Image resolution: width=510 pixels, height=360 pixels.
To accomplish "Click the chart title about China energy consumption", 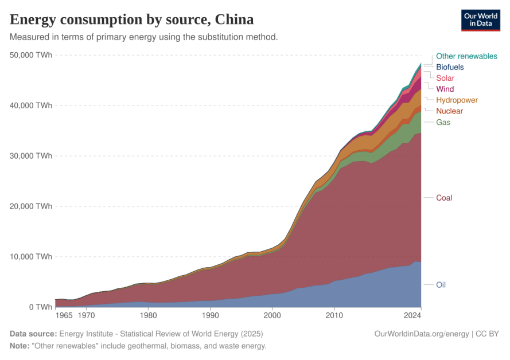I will pos(131,19).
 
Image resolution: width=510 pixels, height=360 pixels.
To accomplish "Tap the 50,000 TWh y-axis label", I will pos(31,55).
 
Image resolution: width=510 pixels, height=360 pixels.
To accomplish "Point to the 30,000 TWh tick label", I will pos(31,156).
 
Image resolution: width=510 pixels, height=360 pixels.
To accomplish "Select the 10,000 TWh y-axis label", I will pos(31,256).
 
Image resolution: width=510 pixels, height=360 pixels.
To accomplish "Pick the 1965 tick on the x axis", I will pos(64,315).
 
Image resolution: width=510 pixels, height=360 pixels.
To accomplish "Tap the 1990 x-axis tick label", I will pos(211,315).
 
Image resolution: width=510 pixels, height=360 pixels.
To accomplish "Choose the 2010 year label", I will pos(334,315).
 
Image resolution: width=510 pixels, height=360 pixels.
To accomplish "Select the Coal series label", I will pos(444,198).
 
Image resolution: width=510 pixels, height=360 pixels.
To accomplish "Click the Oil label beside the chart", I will pos(441,285).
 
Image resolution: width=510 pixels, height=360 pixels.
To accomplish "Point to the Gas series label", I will pos(443,122).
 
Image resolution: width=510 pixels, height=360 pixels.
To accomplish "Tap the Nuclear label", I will pos(449,111).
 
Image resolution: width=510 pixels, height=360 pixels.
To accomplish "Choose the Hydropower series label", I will pos(457,100).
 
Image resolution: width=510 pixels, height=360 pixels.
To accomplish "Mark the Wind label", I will pos(445,89).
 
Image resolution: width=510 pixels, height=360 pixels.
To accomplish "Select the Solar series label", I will pos(446,79).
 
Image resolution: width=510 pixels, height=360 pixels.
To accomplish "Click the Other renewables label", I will pos(466,56).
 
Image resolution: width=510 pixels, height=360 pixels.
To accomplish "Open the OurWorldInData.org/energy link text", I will pos(421,334).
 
